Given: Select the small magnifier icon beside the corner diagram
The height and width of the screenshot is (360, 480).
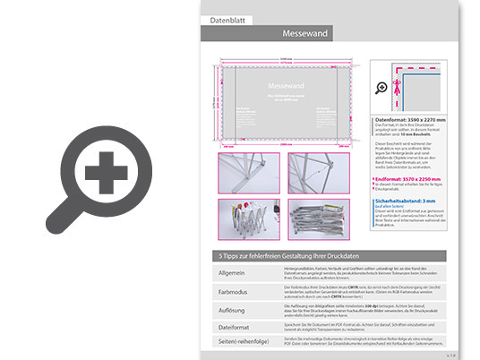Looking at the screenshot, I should tap(381, 88).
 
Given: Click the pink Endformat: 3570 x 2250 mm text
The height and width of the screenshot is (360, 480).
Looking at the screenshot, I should tap(417, 178).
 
